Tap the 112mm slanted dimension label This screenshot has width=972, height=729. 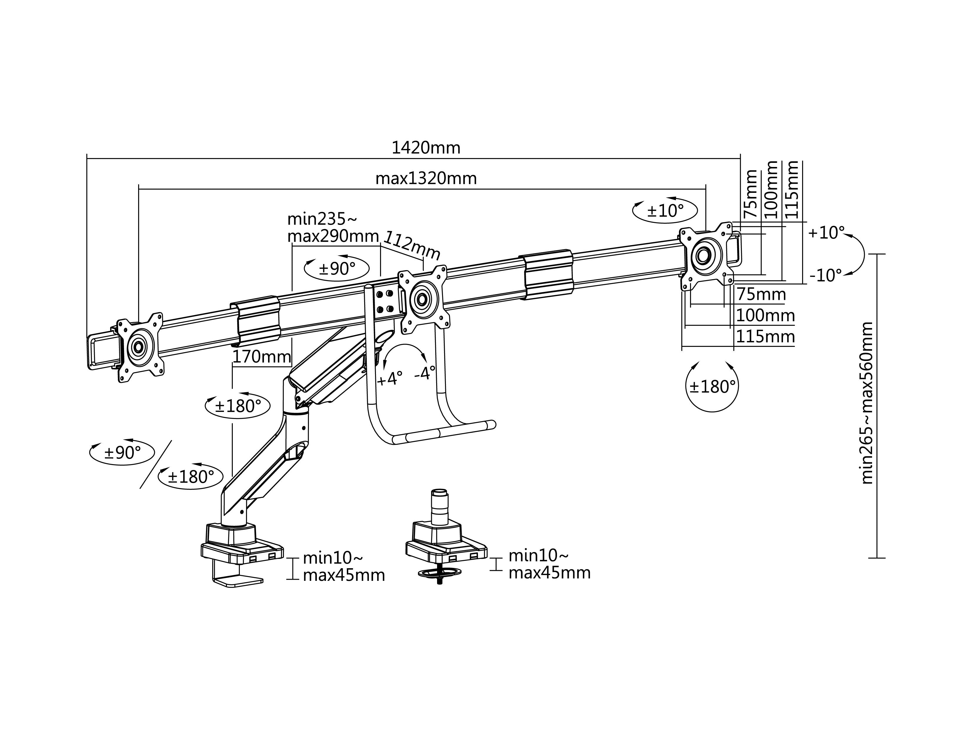point(412,245)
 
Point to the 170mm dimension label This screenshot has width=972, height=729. point(262,356)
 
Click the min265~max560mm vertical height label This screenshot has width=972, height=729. point(866,403)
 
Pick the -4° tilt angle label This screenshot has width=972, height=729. point(424,374)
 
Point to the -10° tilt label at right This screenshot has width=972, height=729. point(825,275)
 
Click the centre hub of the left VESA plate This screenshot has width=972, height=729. point(138,347)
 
